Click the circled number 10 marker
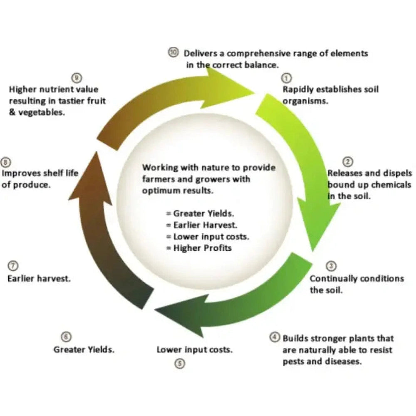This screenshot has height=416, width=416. tap(173, 52)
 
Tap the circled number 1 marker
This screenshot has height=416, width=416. tap(287, 78)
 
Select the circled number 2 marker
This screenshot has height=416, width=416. tap(348, 161)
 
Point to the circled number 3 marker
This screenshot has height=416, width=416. tap(332, 266)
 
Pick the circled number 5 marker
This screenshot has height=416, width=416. tap(180, 364)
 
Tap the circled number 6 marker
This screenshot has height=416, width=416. tap(66, 337)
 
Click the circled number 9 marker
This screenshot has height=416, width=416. tap(77, 78)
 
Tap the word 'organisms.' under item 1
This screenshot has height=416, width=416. tap(305, 101)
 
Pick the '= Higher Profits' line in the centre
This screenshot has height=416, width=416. tap(199, 248)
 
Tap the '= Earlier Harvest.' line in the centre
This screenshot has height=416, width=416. tap(202, 225)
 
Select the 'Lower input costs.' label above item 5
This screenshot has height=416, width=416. tap(194, 350)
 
